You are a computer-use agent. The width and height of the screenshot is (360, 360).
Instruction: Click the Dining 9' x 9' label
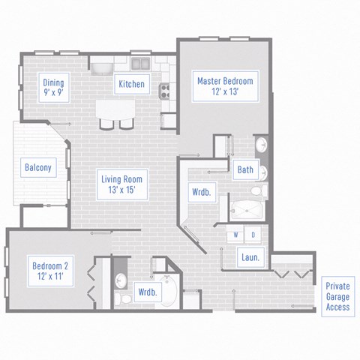click(52, 88)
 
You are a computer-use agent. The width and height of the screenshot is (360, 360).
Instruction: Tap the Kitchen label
click(131, 84)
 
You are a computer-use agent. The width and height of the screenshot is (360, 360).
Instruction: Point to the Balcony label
click(38, 167)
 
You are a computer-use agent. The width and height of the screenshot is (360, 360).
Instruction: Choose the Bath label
click(245, 170)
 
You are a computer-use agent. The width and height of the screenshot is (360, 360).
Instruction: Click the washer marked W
click(236, 235)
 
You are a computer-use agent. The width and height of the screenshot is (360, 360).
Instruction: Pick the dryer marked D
click(253, 235)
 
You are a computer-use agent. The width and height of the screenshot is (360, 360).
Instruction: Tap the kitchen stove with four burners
click(165, 91)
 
